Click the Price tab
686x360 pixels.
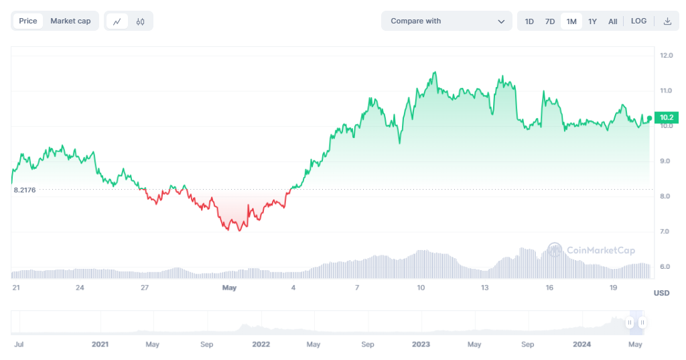click(x=28, y=21)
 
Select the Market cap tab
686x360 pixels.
click(x=70, y=21)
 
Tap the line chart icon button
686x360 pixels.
click(x=117, y=21)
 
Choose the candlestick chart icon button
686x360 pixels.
click(x=140, y=21)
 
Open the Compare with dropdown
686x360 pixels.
click(x=446, y=21)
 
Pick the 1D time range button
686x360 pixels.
click(x=529, y=21)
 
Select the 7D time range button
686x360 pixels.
click(x=550, y=21)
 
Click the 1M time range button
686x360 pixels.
click(x=571, y=21)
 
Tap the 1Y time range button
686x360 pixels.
click(x=592, y=21)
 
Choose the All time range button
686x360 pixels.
click(x=612, y=21)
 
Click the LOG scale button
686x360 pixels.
click(x=638, y=21)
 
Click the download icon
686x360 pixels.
click(x=667, y=21)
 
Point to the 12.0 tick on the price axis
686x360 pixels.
click(x=666, y=55)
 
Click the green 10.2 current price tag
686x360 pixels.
click(x=667, y=118)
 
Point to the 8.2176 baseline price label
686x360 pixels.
click(x=25, y=190)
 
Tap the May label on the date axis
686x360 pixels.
click(x=229, y=288)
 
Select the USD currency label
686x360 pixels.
click(x=661, y=293)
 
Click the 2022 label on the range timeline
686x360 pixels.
click(x=261, y=344)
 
